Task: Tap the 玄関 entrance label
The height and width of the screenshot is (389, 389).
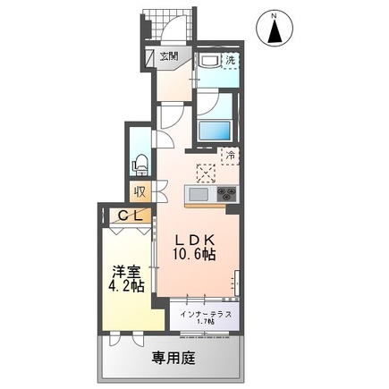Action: tap(169, 55)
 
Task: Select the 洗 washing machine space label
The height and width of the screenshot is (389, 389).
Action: tap(230, 61)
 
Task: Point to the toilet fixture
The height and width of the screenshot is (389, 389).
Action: tap(139, 164)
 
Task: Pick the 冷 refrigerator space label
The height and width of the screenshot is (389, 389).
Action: tap(229, 155)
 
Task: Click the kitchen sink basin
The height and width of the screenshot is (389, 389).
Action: tap(198, 194)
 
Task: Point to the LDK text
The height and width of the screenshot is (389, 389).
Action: tap(193, 239)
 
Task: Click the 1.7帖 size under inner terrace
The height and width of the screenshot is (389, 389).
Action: tap(206, 324)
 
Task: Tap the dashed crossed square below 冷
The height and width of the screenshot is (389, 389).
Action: tap(205, 173)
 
